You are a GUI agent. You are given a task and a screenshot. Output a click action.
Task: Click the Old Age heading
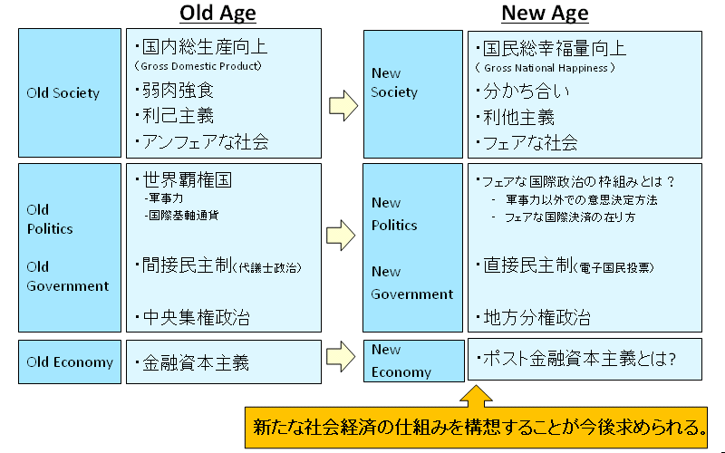pos(217,13)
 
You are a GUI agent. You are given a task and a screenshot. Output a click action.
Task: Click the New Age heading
pos(545,13)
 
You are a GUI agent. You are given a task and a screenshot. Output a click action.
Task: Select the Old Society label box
pos(70,93)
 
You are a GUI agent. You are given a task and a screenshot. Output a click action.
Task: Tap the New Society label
pos(394,82)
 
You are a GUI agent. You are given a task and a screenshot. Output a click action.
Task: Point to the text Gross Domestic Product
pos(198,66)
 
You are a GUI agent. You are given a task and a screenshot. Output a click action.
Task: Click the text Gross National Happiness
pos(546,68)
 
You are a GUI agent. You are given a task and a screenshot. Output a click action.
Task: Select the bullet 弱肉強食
pos(175,90)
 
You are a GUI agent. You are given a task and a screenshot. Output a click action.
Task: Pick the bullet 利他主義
pos(516,118)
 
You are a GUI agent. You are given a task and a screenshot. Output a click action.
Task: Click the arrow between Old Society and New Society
pos(343,106)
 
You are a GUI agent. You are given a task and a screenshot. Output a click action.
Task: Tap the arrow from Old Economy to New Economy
pos(341,356)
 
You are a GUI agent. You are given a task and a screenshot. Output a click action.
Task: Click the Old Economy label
pos(70,361)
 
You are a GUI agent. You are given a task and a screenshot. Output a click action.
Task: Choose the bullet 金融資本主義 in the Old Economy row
pos(192,362)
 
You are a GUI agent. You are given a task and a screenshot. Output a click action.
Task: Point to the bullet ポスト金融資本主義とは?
pos(576,359)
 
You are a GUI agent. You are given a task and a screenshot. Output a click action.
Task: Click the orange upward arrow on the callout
pos(477,397)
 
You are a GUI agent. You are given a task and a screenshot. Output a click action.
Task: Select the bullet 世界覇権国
pos(184,179)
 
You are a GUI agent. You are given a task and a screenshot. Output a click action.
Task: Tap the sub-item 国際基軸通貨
pos(181,216)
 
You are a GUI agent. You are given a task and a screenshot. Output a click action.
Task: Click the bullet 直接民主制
pos(565,265)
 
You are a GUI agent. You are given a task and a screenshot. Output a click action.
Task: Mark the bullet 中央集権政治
pos(192,318)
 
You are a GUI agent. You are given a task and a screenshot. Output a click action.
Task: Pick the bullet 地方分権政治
pos(534,318)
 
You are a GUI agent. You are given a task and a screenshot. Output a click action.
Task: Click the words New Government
pos(412,283)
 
